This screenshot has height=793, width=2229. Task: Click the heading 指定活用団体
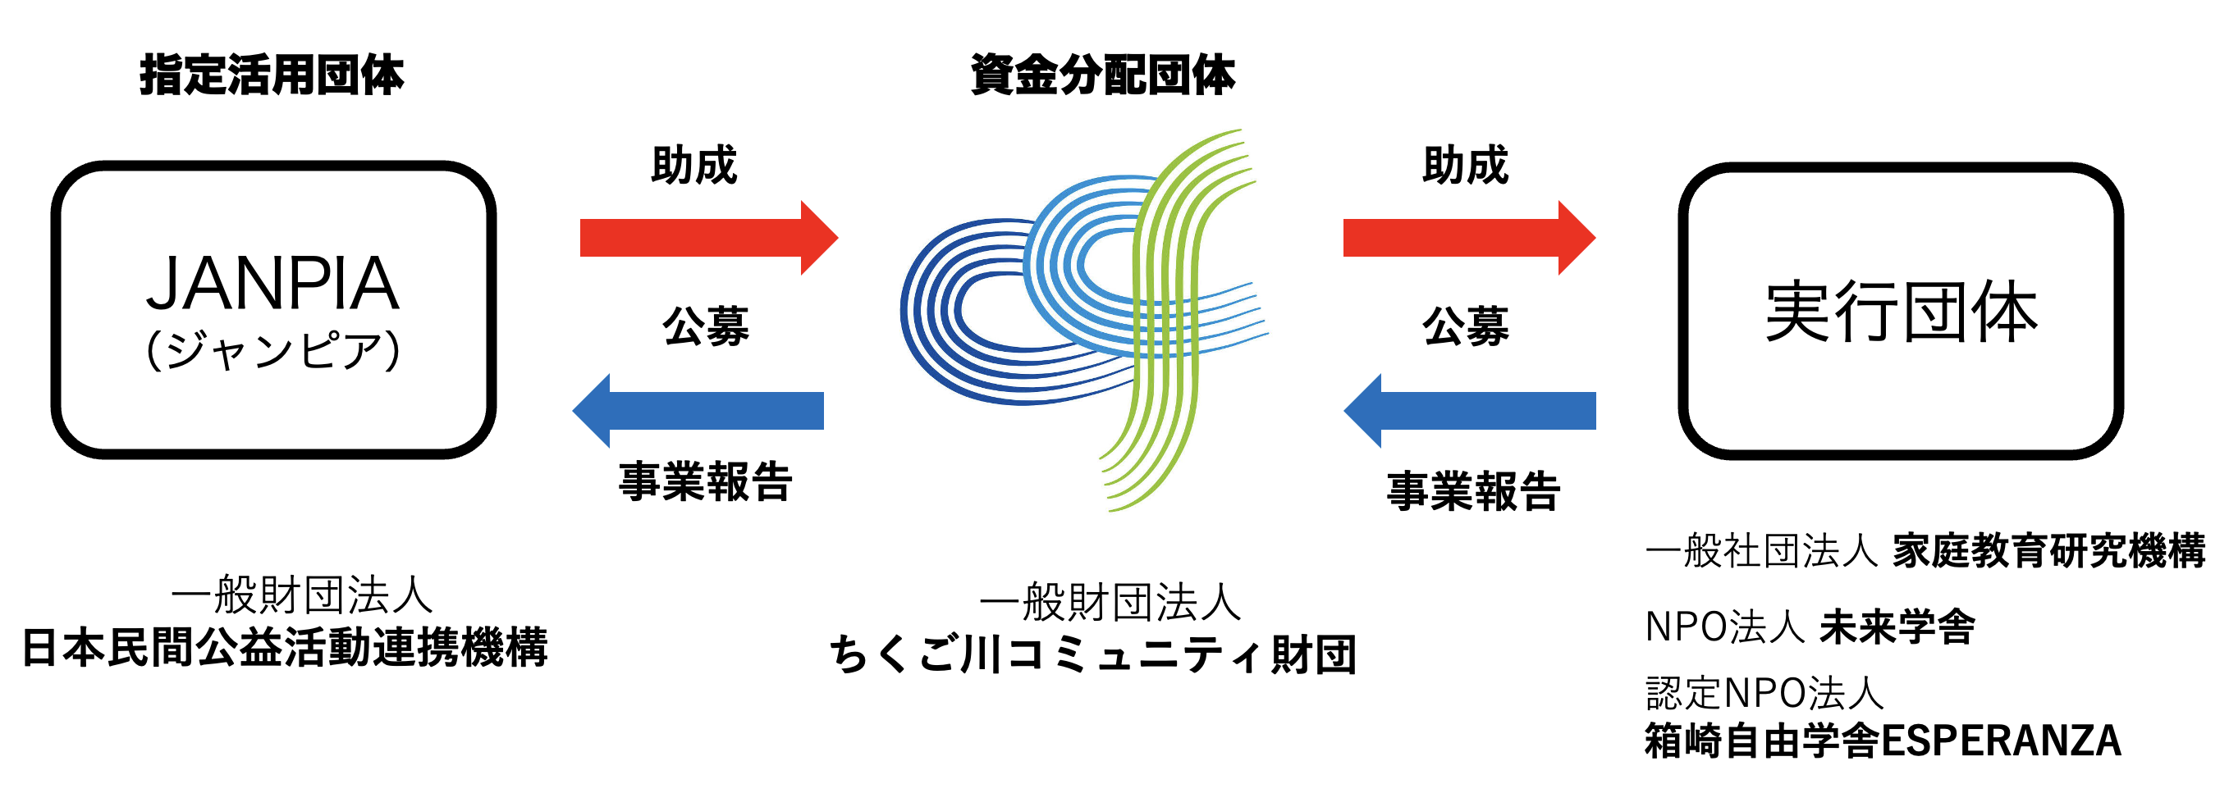coord(272,75)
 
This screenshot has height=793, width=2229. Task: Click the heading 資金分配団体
coord(1102,75)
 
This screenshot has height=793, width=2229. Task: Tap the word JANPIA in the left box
coord(272,285)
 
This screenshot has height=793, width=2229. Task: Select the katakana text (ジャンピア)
coord(272,351)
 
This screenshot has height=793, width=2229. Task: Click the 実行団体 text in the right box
coord(1900,312)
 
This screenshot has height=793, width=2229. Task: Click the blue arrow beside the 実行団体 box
coord(1469,411)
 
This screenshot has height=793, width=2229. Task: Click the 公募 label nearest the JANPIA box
coord(705,327)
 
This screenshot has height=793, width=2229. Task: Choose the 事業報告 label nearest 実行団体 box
coord(1474,492)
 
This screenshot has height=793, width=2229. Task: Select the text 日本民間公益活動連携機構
coord(285,648)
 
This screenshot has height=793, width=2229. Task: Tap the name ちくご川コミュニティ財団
coord(1093,654)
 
